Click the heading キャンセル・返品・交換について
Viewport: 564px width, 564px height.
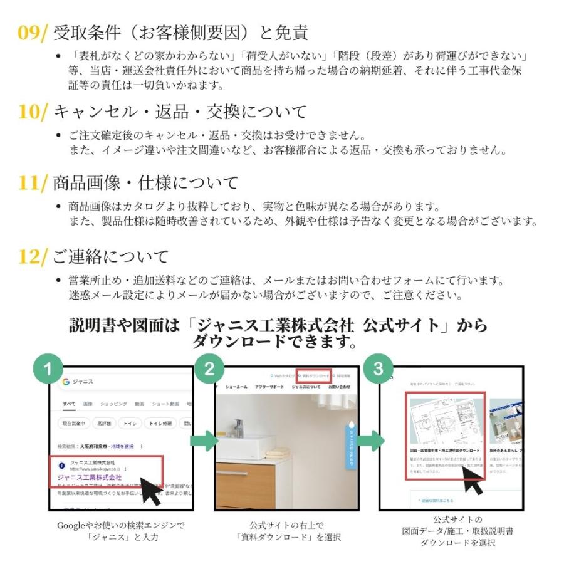(180, 112)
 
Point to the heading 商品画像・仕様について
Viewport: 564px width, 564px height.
(145, 183)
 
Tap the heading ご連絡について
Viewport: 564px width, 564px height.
(110, 256)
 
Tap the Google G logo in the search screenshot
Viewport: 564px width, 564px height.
(66, 382)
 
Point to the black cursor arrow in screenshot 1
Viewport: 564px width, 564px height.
(150, 491)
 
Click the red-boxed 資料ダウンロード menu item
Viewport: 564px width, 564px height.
(313, 376)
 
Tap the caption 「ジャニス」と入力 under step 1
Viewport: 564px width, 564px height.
(122, 537)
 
